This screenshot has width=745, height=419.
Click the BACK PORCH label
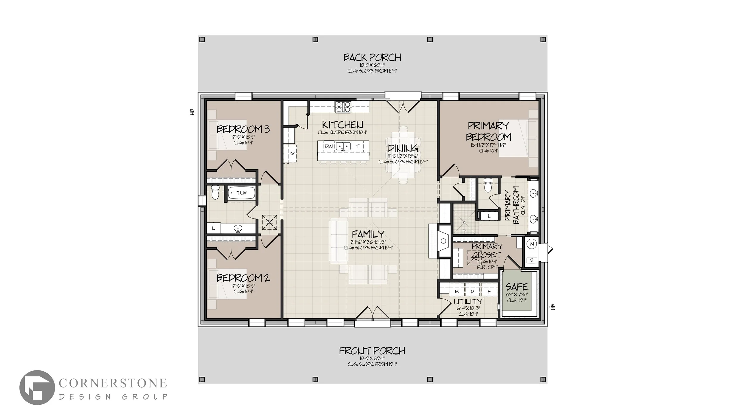point(372,57)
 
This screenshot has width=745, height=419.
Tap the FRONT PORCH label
point(372,351)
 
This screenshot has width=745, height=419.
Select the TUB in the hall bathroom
point(241,193)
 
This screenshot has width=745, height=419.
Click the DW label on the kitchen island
point(329,146)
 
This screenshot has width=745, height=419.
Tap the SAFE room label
point(517,287)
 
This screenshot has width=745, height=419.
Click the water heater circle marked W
point(532,244)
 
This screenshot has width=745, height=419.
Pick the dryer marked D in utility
point(472,291)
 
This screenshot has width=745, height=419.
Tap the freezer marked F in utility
point(489,291)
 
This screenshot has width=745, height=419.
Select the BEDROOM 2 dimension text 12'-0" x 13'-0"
point(243,285)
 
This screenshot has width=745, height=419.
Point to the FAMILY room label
point(368,234)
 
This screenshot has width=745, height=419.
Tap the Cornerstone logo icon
point(37,387)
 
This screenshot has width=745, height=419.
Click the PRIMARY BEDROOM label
point(488,131)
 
